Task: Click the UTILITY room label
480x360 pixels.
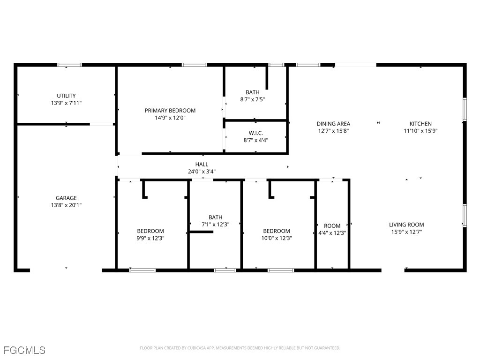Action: point(66,96)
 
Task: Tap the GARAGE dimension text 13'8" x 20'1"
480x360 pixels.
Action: point(66,205)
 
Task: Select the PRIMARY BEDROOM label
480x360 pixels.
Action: point(170,111)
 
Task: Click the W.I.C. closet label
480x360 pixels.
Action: point(255,133)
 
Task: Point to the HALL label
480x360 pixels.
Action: point(202,165)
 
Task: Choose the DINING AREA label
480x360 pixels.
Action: point(333,124)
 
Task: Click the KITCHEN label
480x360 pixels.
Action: point(420,124)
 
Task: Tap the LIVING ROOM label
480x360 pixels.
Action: point(406,225)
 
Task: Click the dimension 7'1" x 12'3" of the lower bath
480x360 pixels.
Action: point(215,225)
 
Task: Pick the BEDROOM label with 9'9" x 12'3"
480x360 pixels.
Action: point(150,231)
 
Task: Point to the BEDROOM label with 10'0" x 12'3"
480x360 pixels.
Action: point(276,231)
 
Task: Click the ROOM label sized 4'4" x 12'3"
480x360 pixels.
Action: point(332,226)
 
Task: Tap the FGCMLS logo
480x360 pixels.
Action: point(24,350)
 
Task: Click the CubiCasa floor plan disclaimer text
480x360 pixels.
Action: point(240,348)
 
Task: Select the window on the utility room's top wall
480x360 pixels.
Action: point(69,65)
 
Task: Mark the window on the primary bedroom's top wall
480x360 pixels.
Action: point(194,65)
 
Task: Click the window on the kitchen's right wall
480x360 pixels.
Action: point(465,109)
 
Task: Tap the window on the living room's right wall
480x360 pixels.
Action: point(465,216)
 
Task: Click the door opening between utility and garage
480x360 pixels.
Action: point(102,124)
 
